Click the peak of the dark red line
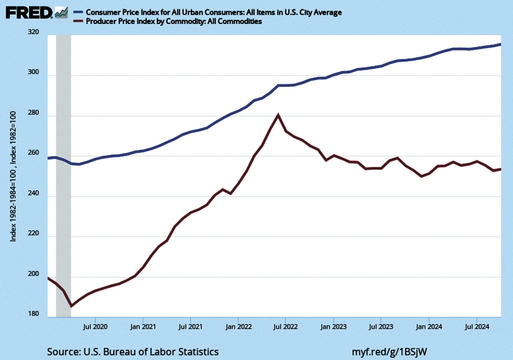pyautogui.click(x=278, y=115)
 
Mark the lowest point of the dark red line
pyautogui.click(x=71, y=305)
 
